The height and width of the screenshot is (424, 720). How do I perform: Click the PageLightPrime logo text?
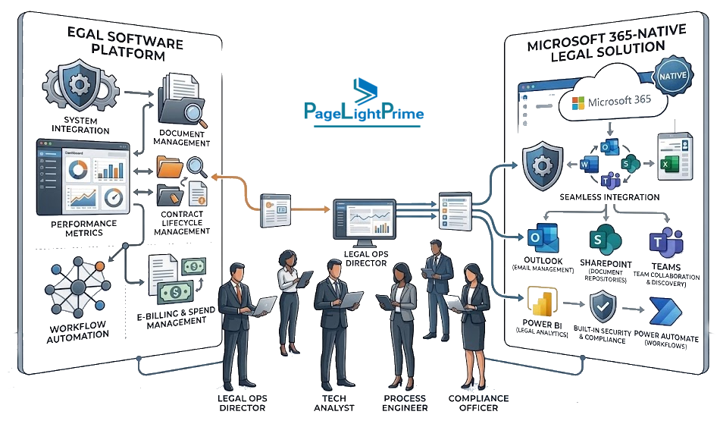[x=364, y=111]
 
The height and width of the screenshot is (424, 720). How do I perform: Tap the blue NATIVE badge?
[x=673, y=76]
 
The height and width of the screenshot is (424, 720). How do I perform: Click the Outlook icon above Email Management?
[x=543, y=238]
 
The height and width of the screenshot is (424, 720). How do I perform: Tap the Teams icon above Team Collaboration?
[x=666, y=243]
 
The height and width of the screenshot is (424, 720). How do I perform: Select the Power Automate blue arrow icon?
[x=665, y=312]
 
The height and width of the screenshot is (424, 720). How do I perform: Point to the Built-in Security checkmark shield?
[x=603, y=308]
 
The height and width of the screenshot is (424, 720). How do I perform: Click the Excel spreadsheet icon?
[x=674, y=156]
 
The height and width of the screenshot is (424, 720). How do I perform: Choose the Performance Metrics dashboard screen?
[x=83, y=177]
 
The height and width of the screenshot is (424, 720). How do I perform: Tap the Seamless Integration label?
[x=609, y=197]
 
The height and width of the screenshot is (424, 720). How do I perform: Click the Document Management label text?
[x=182, y=138]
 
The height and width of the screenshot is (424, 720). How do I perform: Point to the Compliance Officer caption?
[x=478, y=403]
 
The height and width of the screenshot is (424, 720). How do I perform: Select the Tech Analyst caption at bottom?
[x=333, y=403]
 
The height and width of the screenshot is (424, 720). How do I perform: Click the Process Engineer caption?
[x=405, y=403]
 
